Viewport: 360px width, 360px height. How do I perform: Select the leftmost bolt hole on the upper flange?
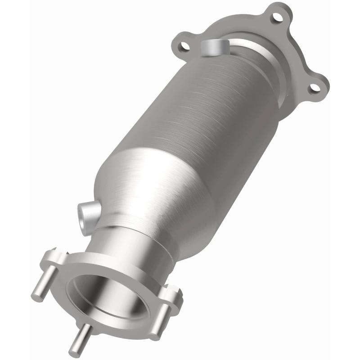183,45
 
